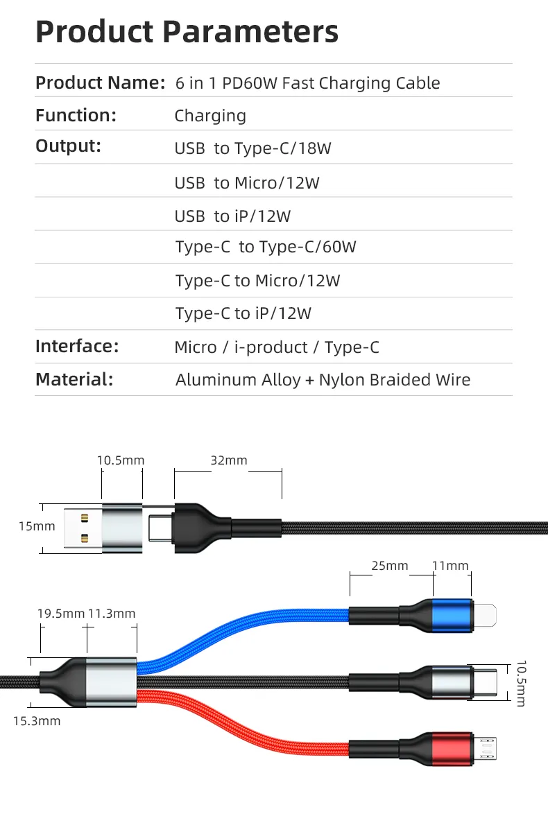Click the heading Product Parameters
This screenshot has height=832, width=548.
(187, 31)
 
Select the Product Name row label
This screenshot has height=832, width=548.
(100, 83)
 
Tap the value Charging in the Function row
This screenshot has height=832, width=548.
(210, 116)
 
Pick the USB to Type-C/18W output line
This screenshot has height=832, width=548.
(252, 148)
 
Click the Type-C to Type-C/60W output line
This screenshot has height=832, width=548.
(266, 247)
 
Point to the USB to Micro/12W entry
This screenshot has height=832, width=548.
(247, 183)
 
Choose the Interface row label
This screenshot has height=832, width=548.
(77, 346)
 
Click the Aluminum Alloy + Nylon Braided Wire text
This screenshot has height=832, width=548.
(323, 380)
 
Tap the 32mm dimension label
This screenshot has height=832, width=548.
(228, 460)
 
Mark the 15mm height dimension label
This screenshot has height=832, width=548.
(37, 526)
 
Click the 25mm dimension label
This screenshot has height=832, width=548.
(390, 566)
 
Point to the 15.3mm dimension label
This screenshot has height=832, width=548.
(37, 721)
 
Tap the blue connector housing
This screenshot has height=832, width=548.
(452, 614)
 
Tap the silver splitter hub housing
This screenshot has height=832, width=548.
(110, 682)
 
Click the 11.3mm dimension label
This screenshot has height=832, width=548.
(112, 613)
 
